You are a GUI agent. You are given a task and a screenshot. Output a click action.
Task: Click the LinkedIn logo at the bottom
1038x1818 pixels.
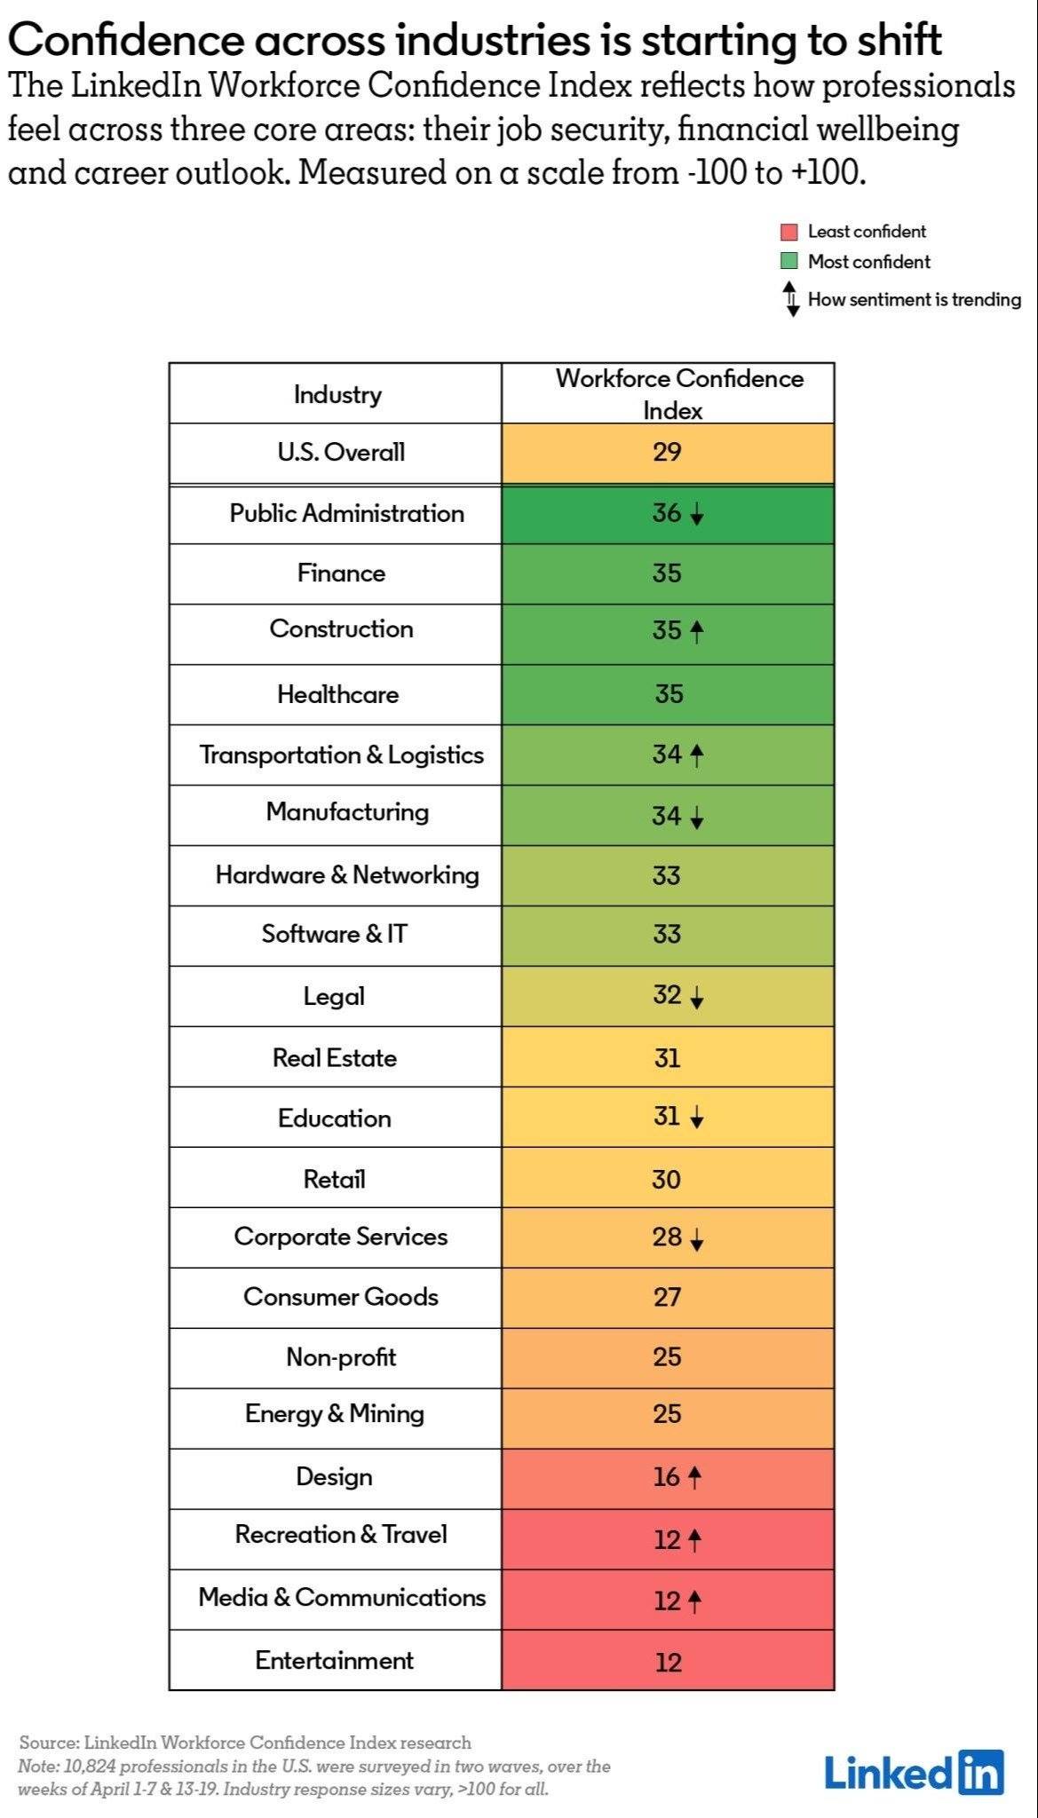click(x=914, y=1773)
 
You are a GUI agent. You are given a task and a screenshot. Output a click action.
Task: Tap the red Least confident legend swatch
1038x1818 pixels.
click(x=788, y=233)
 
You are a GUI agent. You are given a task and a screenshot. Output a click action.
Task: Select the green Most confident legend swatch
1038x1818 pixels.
click(x=788, y=262)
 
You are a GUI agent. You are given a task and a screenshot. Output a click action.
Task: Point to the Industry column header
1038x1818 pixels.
click(x=337, y=394)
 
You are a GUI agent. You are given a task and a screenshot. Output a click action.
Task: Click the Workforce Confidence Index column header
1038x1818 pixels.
click(x=678, y=394)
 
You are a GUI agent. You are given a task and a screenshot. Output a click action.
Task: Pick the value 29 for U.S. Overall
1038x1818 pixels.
click(x=667, y=453)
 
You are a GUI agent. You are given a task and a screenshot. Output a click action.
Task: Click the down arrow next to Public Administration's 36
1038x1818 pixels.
click(x=697, y=515)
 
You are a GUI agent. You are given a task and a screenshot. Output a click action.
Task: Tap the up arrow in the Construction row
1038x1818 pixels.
click(x=697, y=631)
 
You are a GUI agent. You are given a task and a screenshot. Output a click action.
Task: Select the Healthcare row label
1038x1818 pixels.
click(x=337, y=694)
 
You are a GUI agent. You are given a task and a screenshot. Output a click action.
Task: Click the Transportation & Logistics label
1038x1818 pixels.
click(x=342, y=755)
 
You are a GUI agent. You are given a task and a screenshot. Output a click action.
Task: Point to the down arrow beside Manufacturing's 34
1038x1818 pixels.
click(x=697, y=817)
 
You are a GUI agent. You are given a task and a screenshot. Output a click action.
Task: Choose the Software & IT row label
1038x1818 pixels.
click(x=335, y=934)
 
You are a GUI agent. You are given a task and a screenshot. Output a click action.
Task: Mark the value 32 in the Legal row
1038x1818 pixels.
click(x=667, y=995)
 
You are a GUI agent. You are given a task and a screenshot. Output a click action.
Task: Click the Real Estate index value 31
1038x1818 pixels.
click(x=667, y=1058)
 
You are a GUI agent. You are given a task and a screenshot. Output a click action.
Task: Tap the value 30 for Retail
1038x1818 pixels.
click(x=666, y=1180)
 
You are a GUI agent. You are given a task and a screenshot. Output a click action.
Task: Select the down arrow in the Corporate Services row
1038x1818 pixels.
click(x=697, y=1240)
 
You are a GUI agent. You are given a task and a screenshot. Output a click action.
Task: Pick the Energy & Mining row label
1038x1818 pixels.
click(x=335, y=1414)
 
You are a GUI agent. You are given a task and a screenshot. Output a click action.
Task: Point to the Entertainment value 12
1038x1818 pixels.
click(x=668, y=1662)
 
